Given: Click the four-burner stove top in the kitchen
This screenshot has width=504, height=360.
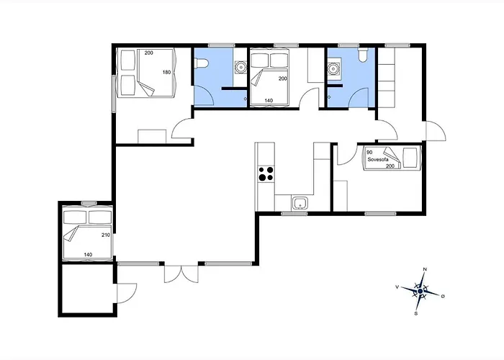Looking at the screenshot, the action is [266, 174].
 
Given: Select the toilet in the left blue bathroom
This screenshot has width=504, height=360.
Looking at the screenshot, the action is [202, 63].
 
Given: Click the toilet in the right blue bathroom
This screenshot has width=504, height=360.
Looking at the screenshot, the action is [363, 55].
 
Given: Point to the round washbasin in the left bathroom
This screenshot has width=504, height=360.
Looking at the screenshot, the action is [240, 67].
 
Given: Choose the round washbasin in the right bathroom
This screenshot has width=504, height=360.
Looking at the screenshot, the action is [333, 68].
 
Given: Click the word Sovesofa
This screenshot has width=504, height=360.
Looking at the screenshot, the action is [378, 159].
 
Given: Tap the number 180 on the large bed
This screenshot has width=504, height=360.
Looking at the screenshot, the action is [166, 72].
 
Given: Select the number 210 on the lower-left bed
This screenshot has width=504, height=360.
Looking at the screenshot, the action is [106, 235].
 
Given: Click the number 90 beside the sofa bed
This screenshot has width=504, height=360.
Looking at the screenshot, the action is [369, 153].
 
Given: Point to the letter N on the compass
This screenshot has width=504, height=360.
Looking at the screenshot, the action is [425, 269].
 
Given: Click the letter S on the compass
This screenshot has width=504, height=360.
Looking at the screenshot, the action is [416, 313].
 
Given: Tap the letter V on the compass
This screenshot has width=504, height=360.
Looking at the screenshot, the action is [397, 287].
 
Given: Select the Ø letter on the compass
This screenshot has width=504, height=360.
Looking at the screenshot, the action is [443, 296].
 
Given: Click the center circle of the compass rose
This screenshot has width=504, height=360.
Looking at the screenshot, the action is [420, 291].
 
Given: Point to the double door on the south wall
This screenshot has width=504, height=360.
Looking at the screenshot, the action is [181, 274].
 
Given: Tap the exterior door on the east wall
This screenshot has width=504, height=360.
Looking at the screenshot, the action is [436, 131].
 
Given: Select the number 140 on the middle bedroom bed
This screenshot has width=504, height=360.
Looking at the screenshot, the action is [269, 101].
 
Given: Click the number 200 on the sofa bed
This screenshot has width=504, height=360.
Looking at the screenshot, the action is [390, 166].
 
